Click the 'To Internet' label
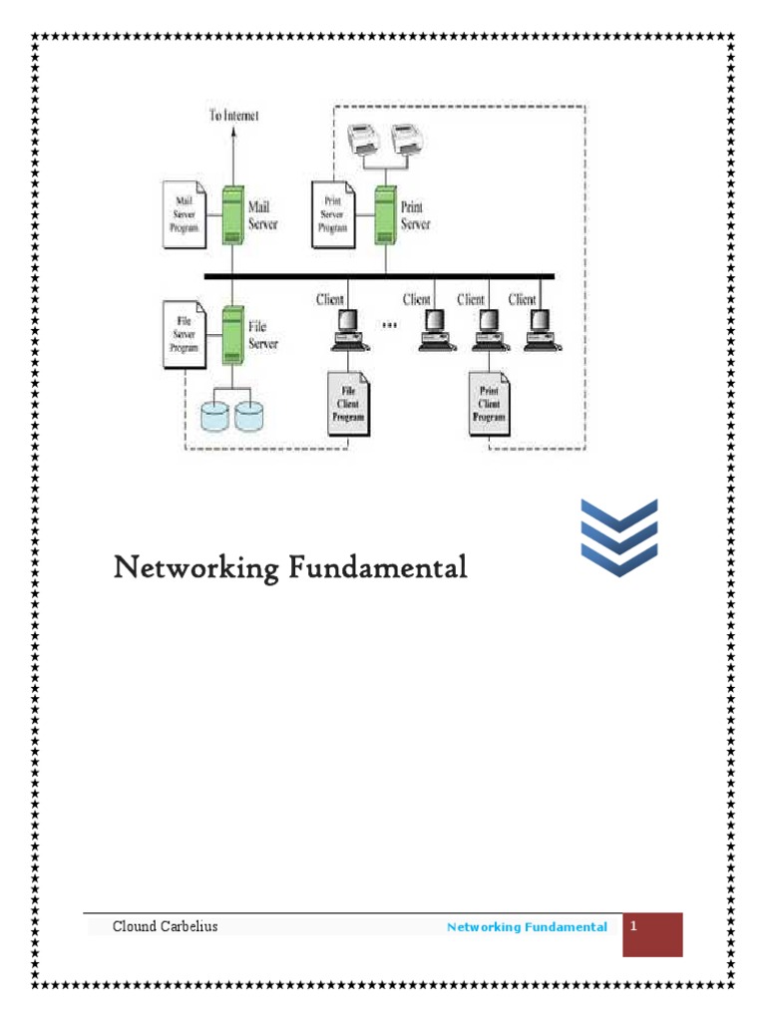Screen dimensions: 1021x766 233,116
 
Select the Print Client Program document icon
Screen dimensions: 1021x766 489,404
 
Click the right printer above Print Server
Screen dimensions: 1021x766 407,141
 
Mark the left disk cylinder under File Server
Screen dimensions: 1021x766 215,416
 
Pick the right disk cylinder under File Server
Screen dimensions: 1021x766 251,416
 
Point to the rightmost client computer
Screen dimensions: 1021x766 538,328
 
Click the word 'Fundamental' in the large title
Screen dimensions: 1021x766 378,568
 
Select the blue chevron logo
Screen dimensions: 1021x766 618,538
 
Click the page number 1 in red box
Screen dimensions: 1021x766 633,926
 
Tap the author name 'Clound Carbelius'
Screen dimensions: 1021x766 165,926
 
